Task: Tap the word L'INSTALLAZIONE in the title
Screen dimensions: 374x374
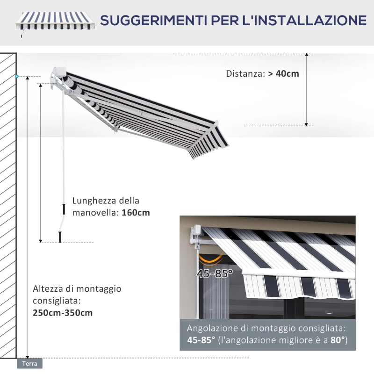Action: pyautogui.click(x=304, y=21)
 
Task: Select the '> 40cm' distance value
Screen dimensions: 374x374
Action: pyautogui.click(x=284, y=73)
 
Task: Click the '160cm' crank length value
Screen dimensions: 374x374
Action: pyautogui.click(x=136, y=213)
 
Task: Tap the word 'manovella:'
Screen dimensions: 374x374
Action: pyautogui.click(x=95, y=213)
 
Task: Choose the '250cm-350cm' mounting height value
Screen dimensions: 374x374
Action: pyautogui.click(x=63, y=313)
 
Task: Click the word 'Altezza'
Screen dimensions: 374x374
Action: pyautogui.click(x=48, y=288)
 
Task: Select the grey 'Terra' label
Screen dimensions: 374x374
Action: pyautogui.click(x=29, y=363)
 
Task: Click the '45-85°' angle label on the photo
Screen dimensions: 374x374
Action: pyautogui.click(x=215, y=273)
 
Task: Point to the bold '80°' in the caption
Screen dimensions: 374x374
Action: pyautogui.click(x=337, y=340)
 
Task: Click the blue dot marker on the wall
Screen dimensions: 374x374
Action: pyautogui.click(x=17, y=76)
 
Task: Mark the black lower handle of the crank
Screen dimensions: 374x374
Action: pyautogui.click(x=60, y=237)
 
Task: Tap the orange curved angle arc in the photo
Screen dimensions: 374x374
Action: pyautogui.click(x=210, y=258)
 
